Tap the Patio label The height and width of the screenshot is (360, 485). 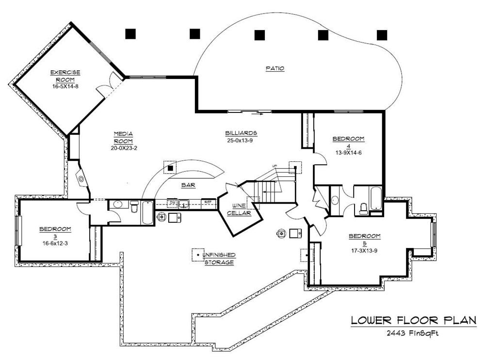tap(275, 69)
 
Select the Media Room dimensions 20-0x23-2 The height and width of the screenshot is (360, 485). tap(124, 148)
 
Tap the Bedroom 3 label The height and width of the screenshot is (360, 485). tap(55, 232)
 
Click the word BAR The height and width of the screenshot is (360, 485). tap(188, 185)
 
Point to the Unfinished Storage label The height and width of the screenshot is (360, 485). tap(219, 258)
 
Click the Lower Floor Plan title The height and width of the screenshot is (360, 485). tap(413, 320)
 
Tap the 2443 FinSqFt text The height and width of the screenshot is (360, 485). tap(413, 333)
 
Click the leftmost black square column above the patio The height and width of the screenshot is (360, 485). tap(130, 34)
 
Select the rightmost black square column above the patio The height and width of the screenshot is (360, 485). tap(382, 34)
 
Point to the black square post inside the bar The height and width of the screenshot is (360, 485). tap(171, 168)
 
